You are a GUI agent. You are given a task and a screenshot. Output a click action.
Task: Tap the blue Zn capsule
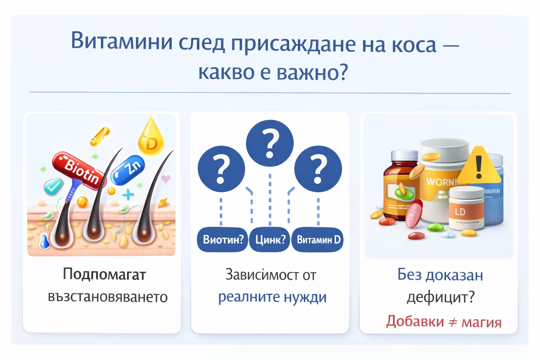pos(128,169)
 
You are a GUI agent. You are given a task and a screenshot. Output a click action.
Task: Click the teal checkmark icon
pos(53,187)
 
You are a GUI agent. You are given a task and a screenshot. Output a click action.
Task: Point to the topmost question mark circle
pos(270,143)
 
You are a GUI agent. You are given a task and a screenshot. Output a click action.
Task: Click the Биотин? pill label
pos(223,240)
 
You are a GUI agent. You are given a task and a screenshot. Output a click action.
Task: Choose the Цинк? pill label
pos(270,240)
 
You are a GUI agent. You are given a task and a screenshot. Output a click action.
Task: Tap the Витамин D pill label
pos(318,240)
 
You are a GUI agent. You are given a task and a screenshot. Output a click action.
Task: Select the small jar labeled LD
pos(466,209)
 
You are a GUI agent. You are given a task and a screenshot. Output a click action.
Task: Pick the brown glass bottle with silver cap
pos(401,186)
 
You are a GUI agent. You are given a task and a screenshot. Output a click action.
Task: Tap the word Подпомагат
pos(104,274)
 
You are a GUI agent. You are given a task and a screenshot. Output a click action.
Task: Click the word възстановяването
pos(108,297)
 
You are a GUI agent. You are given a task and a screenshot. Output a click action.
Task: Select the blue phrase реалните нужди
pos(272,297)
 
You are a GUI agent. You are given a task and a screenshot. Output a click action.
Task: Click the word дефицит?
pos(441,297)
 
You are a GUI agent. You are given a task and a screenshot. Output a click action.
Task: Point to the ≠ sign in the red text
pos(453,322)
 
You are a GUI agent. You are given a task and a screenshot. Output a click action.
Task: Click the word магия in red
pos(481,322)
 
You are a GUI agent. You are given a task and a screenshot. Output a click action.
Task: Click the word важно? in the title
pos(312,72)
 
